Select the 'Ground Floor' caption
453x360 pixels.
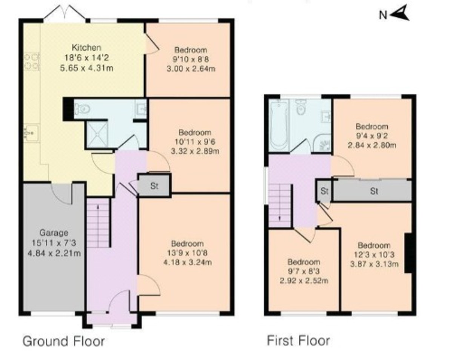(x=63, y=341)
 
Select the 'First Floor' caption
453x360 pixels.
(x=298, y=340)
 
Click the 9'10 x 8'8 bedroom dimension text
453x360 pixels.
(x=191, y=59)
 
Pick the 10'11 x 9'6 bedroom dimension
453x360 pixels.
(x=195, y=142)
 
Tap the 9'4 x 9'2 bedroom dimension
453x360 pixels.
(x=371, y=136)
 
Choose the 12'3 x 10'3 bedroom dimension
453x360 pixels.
(x=373, y=255)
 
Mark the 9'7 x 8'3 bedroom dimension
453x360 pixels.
(x=304, y=271)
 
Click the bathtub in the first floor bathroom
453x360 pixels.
(x=279, y=125)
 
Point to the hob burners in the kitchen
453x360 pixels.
(x=32, y=62)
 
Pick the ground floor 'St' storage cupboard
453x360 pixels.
(x=154, y=186)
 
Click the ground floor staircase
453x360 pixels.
(x=98, y=224)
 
